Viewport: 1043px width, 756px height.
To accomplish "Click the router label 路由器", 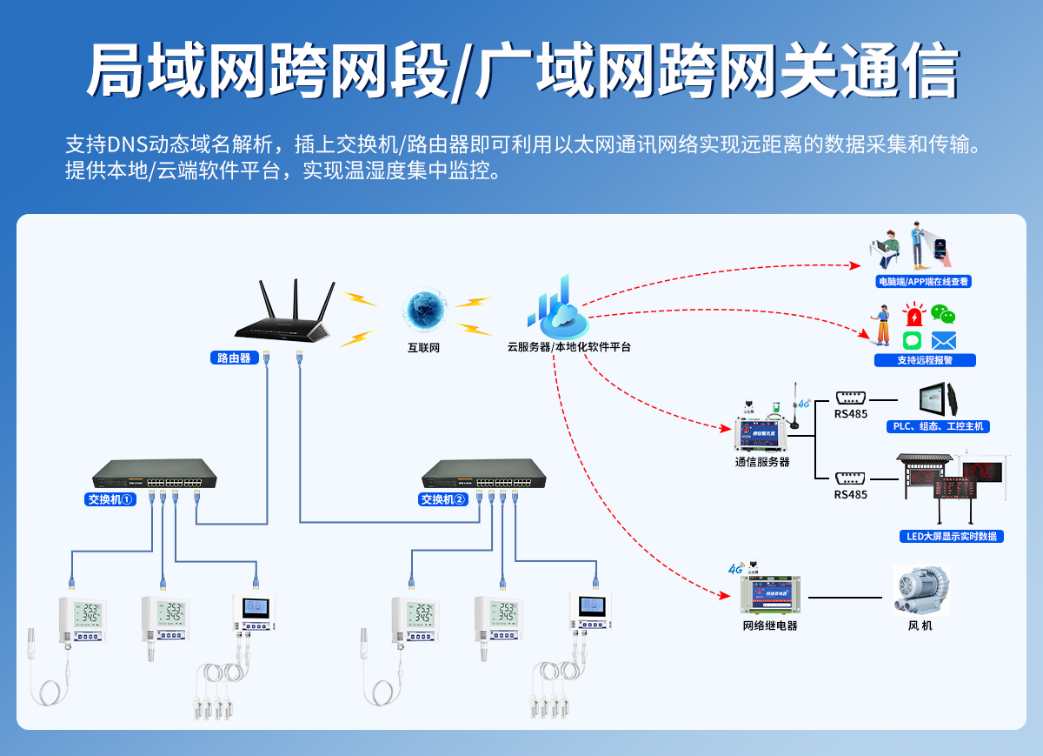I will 234,358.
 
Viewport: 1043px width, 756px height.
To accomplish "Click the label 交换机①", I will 110,499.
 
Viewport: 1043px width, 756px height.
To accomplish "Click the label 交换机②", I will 443,499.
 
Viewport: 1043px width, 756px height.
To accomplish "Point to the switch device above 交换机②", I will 484,474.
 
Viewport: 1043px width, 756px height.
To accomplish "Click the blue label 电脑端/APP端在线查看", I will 923,282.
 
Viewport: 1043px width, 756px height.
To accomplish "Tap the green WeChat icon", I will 943,314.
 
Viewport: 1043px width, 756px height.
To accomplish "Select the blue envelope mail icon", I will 944,340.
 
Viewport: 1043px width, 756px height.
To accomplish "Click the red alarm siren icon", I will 913,315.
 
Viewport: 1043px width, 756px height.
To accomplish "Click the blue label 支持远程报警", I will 925,360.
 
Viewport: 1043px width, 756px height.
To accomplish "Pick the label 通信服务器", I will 762,462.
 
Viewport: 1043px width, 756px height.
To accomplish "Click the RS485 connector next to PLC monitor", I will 850,397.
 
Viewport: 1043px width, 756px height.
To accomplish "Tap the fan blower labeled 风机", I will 921,592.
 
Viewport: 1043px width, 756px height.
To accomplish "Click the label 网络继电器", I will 769,626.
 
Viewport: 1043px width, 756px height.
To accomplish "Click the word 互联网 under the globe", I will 424,347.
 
